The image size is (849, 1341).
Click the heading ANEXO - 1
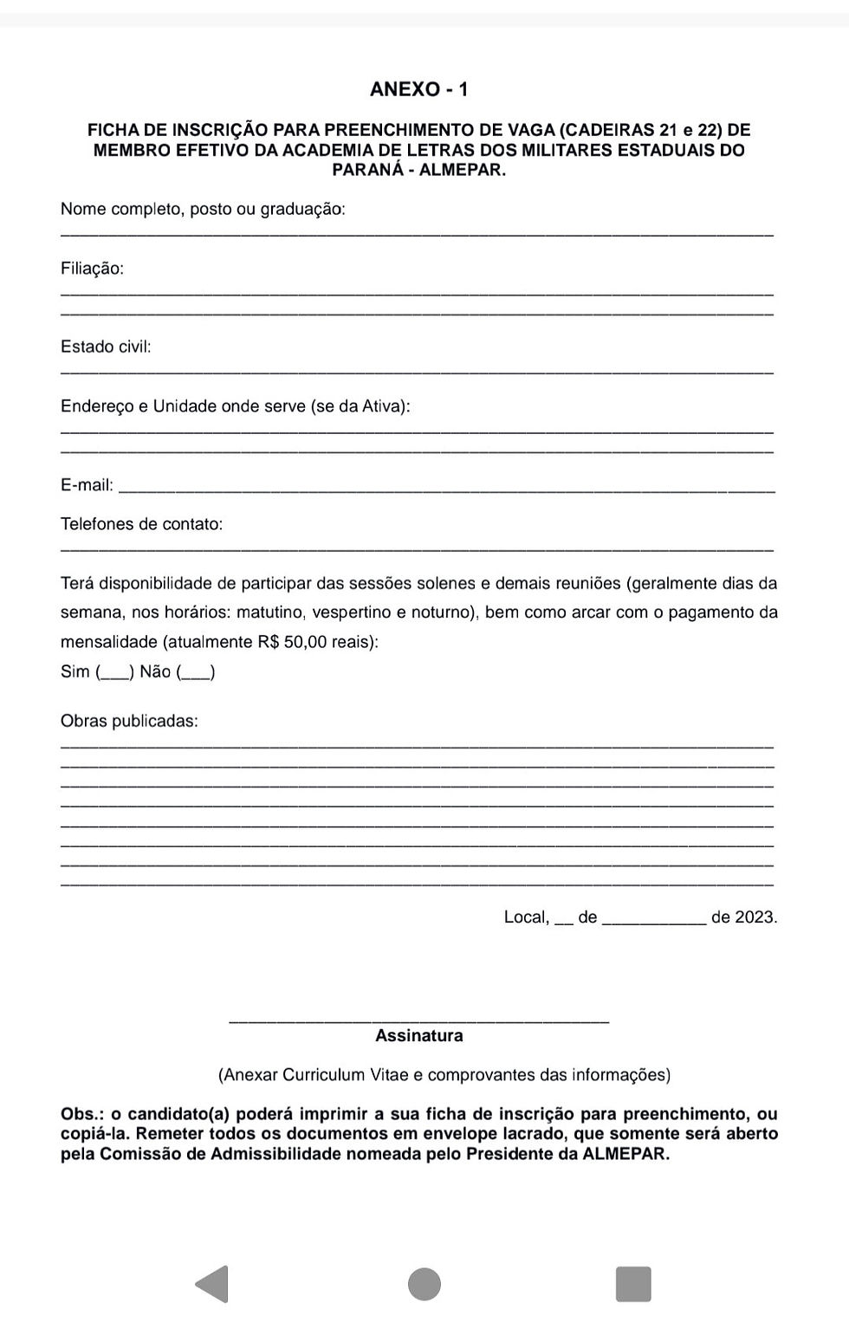click(418, 89)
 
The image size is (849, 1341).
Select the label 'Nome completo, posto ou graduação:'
click(203, 209)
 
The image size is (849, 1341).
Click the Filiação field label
click(92, 269)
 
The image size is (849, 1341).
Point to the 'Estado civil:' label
click(106, 347)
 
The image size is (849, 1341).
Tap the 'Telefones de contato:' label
click(141, 524)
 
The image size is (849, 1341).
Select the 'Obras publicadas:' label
click(129, 721)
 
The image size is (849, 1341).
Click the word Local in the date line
click(525, 917)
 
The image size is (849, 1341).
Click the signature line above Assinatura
click(418, 1020)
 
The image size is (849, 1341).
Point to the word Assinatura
click(418, 1036)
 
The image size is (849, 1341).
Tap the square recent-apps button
click(633, 1284)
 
